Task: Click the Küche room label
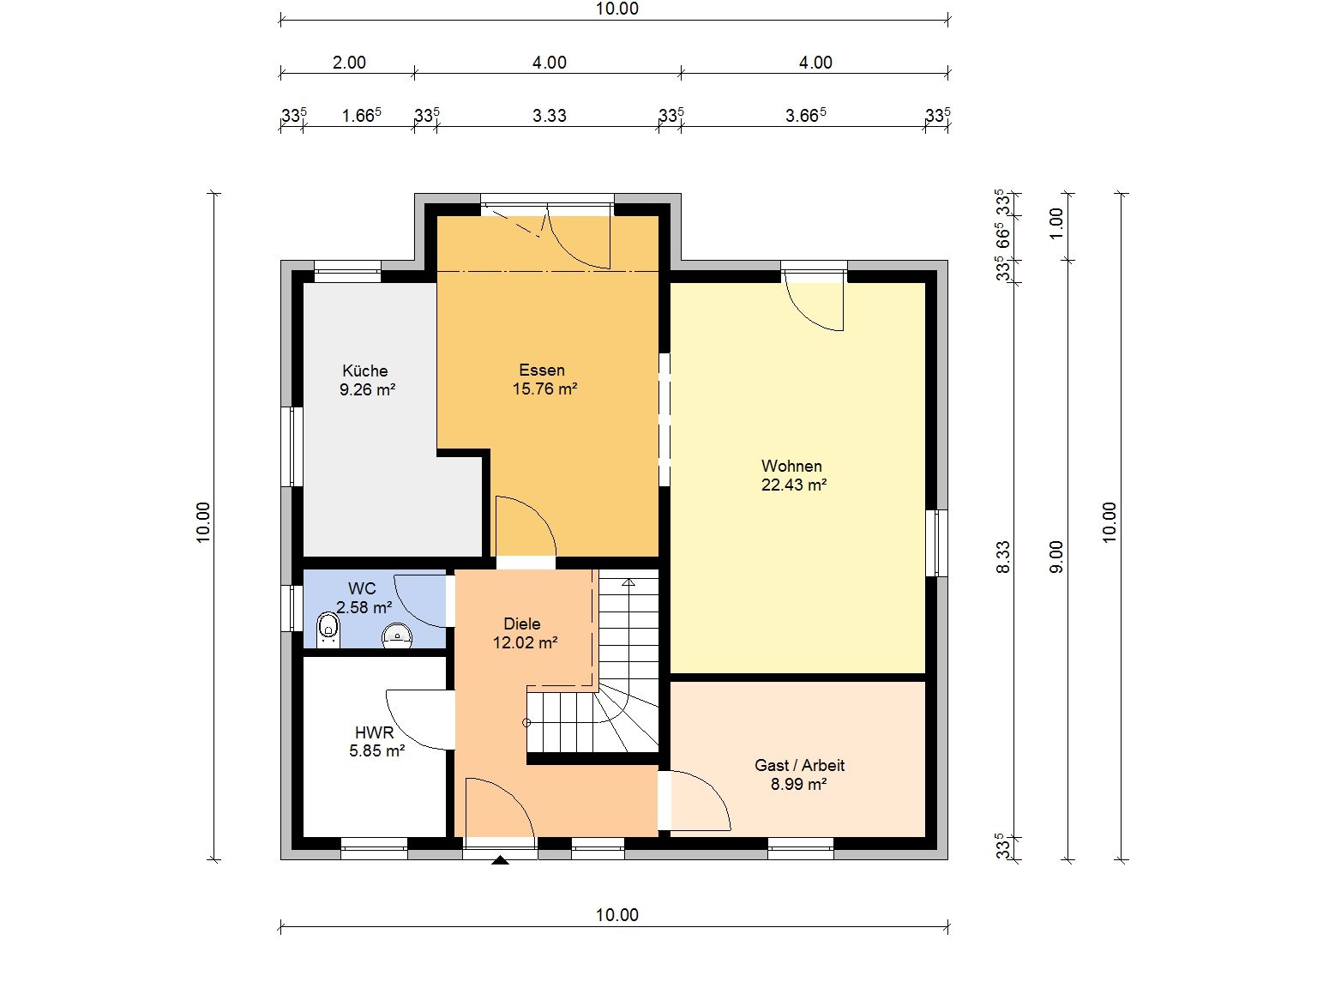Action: pos(364,370)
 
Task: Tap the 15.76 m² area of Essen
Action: pos(544,389)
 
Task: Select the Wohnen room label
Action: pos(791,466)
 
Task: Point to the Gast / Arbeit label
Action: pos(799,766)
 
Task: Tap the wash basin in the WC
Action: pos(397,636)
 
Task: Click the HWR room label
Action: pos(375,732)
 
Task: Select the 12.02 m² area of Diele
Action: pos(525,643)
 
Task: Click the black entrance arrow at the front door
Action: pos(500,860)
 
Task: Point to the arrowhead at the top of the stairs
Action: pos(628,581)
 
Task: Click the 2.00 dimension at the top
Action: pos(349,63)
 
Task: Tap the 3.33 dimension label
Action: pos(549,115)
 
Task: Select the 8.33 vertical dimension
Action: pos(1002,557)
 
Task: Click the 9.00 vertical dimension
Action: pos(1056,557)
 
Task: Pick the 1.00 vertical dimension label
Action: pos(1056,223)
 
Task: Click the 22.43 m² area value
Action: pos(794,485)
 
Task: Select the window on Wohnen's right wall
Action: pos(936,543)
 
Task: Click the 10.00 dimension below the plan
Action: pos(616,915)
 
